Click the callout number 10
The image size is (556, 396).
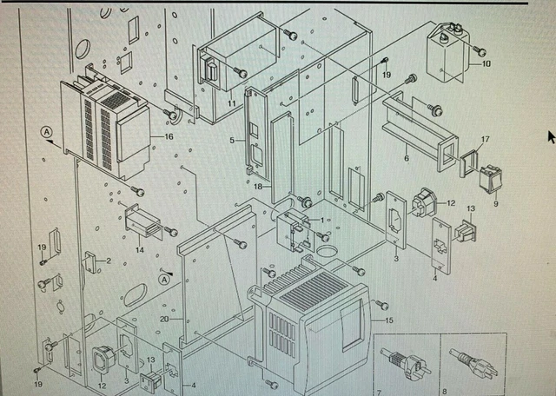[x=485, y=64]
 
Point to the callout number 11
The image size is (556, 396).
[x=232, y=103]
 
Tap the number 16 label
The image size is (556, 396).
[x=168, y=136]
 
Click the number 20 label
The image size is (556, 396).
[x=164, y=319]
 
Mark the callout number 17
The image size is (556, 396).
[x=485, y=139]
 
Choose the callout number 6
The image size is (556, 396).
[x=406, y=158]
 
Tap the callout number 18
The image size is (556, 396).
[x=258, y=185]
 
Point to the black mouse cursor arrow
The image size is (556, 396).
[x=551, y=135]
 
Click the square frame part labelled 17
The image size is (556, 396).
[x=469, y=162]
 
